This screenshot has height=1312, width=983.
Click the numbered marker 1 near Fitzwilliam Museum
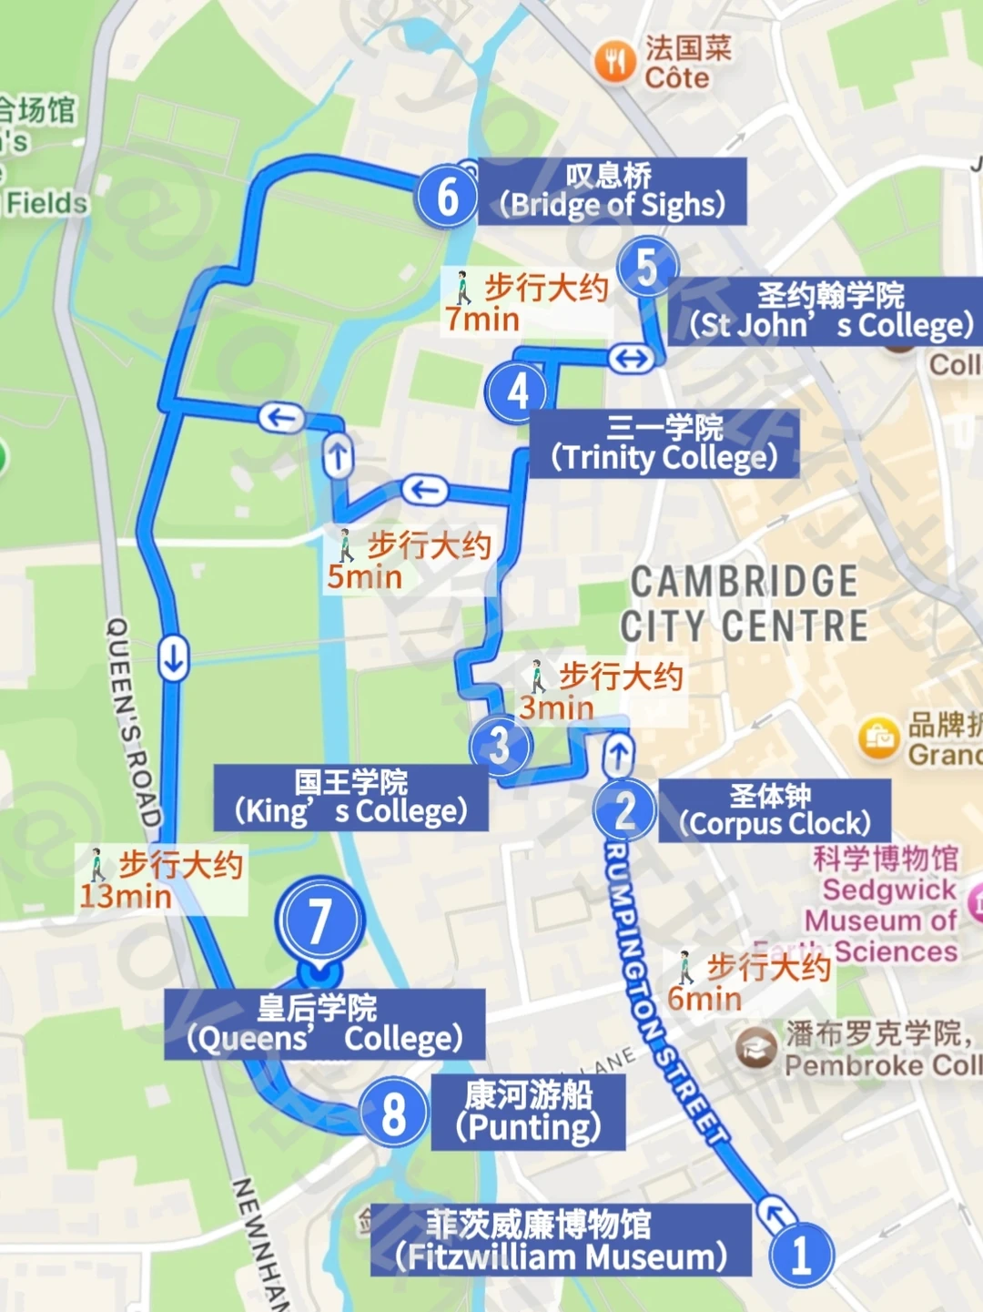[x=800, y=1256]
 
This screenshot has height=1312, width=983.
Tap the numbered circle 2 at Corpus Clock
[x=624, y=809]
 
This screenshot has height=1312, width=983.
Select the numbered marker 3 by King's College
[x=500, y=746]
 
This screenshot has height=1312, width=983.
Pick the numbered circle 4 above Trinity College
[x=517, y=392]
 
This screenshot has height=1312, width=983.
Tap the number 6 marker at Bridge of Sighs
[x=447, y=197]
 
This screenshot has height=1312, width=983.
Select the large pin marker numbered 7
[x=319, y=921]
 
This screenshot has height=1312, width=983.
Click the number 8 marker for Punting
[x=393, y=1113]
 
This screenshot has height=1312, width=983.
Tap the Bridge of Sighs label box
[x=612, y=191]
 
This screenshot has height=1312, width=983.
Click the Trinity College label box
[x=664, y=443]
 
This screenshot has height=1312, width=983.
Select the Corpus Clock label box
[x=774, y=809]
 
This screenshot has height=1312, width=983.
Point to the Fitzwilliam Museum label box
[x=561, y=1240]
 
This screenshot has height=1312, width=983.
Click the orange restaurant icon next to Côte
[x=615, y=62]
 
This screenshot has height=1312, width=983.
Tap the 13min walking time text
[x=126, y=896]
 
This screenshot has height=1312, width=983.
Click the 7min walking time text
[x=482, y=320]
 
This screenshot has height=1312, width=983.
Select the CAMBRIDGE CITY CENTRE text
[x=744, y=604]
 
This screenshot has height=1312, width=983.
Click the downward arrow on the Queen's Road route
[x=173, y=657]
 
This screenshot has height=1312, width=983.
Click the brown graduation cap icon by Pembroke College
[x=755, y=1048]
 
